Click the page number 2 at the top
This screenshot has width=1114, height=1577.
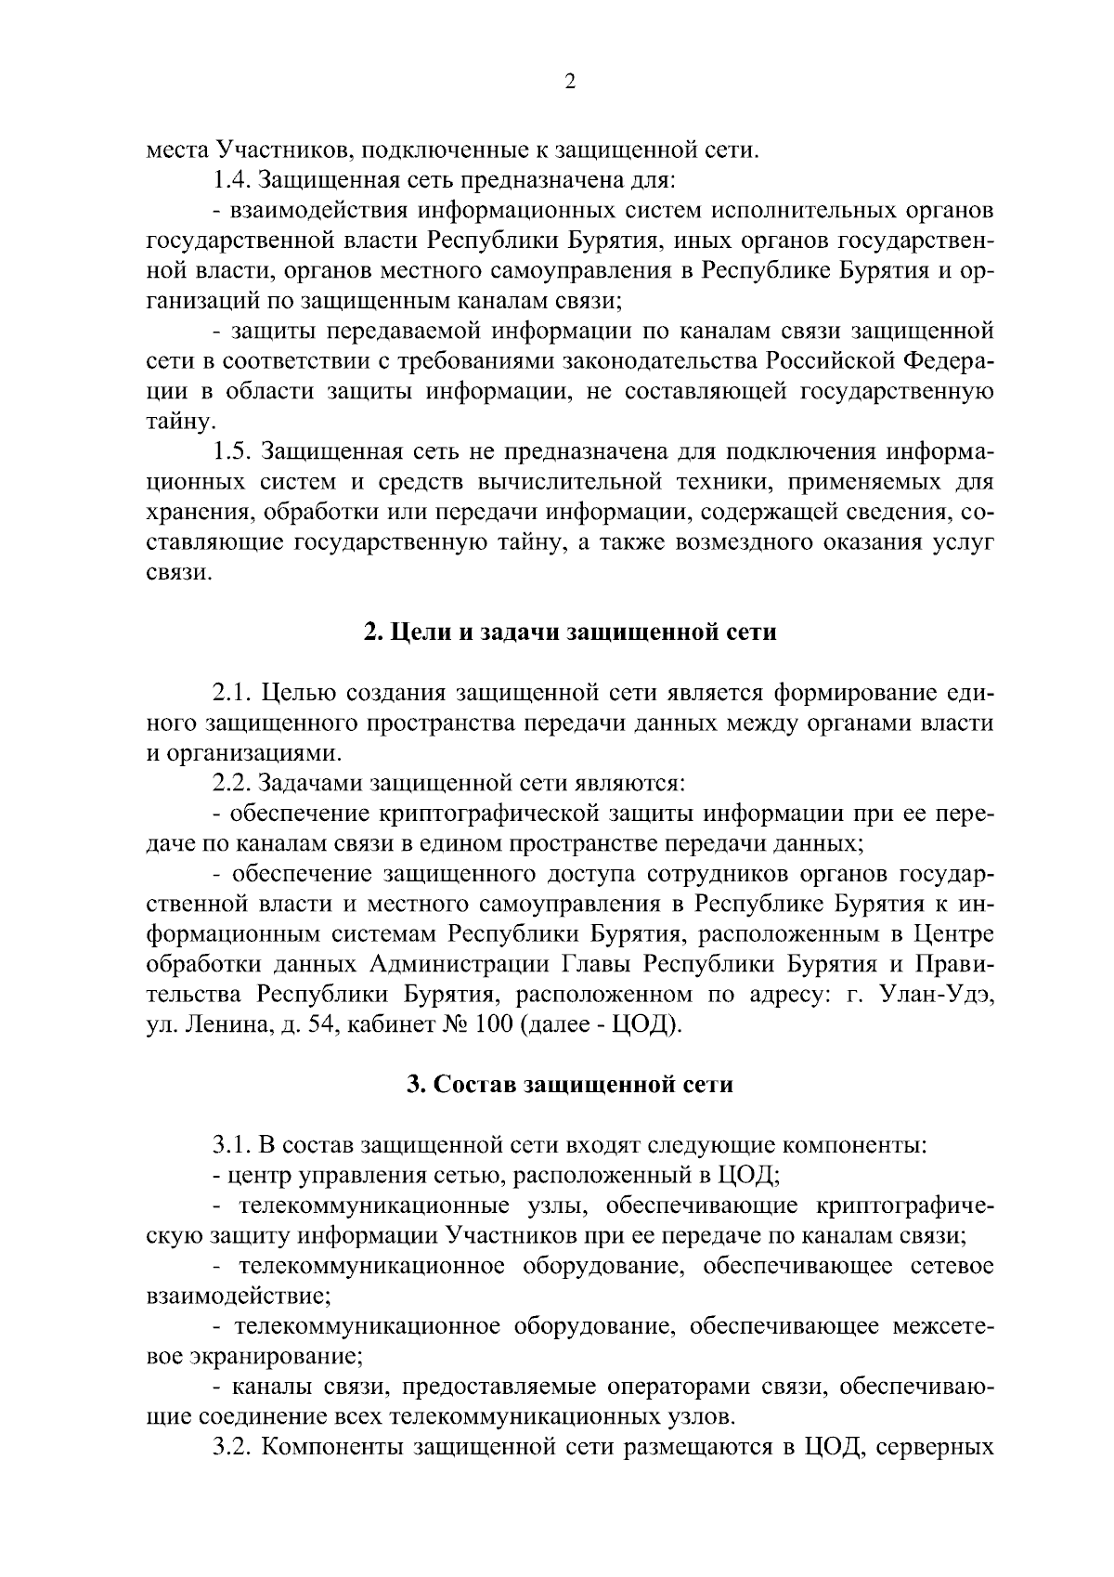tap(570, 83)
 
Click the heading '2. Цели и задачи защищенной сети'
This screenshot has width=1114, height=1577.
tap(570, 633)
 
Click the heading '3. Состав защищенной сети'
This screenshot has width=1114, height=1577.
tap(570, 1085)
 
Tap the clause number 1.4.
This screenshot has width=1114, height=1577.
tap(234, 179)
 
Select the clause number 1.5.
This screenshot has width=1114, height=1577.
tap(234, 452)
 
